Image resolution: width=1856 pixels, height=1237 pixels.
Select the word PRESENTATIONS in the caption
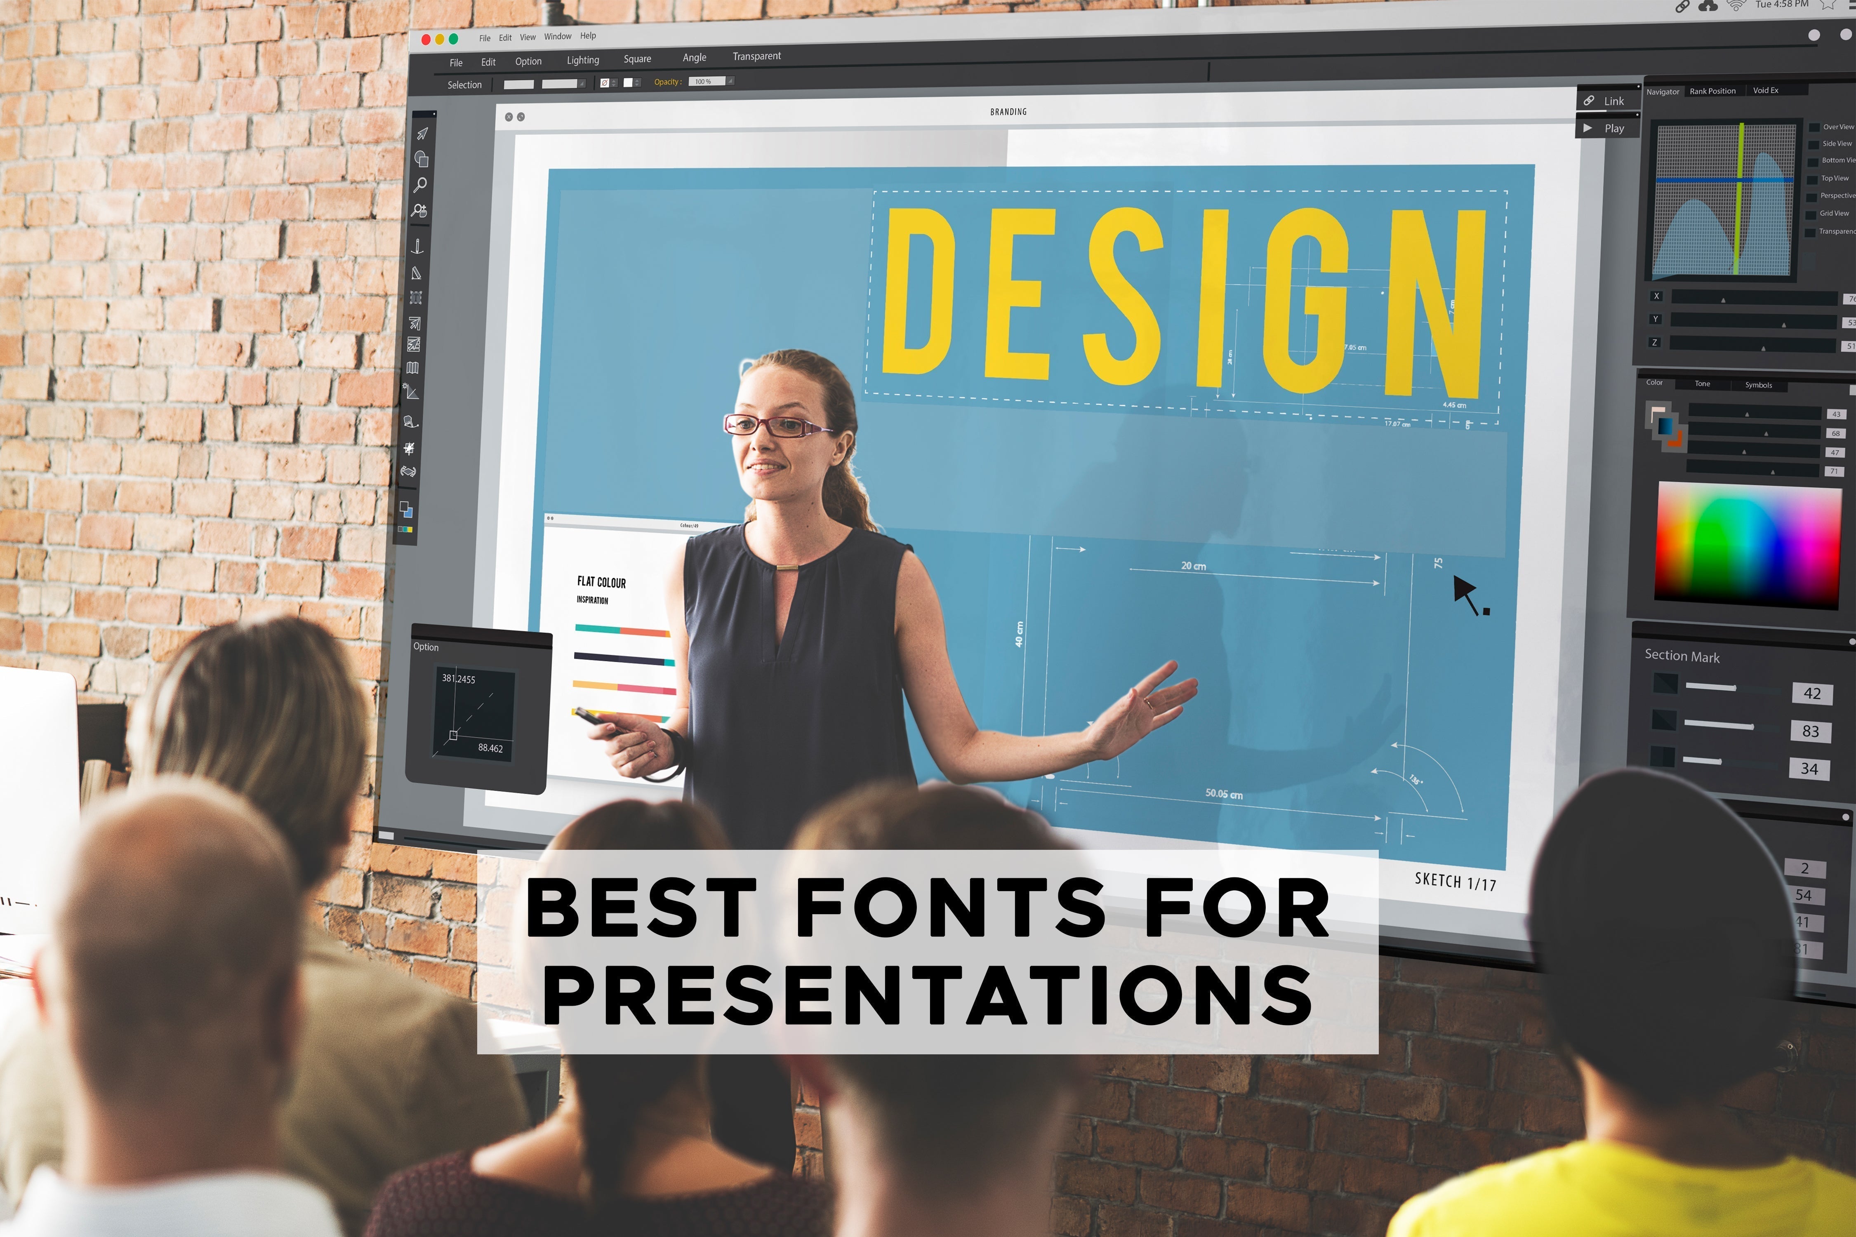[929, 996]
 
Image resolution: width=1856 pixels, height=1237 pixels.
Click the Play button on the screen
[1607, 128]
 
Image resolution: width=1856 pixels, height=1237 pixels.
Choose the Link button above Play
[1607, 101]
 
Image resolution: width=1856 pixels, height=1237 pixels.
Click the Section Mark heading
[1682, 656]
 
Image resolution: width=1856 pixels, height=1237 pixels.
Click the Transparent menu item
[756, 56]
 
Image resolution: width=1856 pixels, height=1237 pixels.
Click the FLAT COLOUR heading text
[601, 582]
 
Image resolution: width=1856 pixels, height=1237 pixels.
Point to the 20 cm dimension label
[1193, 566]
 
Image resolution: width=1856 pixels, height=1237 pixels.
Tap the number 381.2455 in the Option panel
[459, 678]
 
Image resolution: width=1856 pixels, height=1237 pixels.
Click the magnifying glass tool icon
[421, 185]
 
